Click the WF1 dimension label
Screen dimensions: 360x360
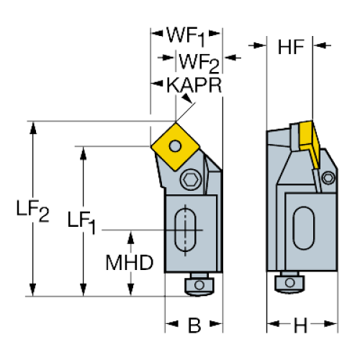[186, 37]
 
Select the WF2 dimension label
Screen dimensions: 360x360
[199, 63]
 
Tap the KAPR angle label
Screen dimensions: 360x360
[194, 85]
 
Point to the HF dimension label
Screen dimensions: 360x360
[291, 47]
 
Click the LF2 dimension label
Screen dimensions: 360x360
[32, 210]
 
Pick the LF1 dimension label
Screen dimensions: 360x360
[81, 222]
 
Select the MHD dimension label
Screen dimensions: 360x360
[130, 263]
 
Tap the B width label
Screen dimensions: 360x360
[194, 325]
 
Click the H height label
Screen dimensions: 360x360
[300, 325]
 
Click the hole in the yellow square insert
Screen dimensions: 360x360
[175, 145]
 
